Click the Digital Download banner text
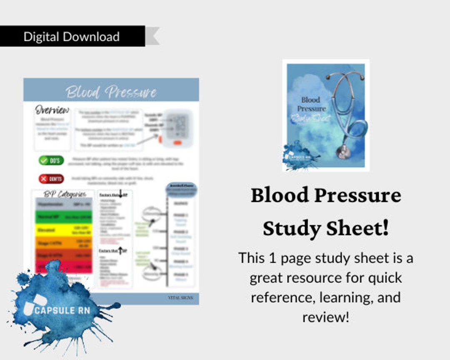click(x=71, y=37)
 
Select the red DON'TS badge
click(x=51, y=179)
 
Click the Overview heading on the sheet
click(x=52, y=110)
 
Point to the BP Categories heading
click(x=65, y=194)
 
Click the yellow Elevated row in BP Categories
click(x=64, y=230)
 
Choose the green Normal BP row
click(x=64, y=217)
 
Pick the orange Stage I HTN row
click(x=64, y=242)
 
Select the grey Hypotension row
click(x=64, y=205)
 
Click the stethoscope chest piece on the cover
click(x=343, y=151)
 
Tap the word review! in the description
click(x=325, y=317)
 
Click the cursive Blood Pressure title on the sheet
click(x=111, y=92)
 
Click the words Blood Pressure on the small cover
click(x=311, y=104)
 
